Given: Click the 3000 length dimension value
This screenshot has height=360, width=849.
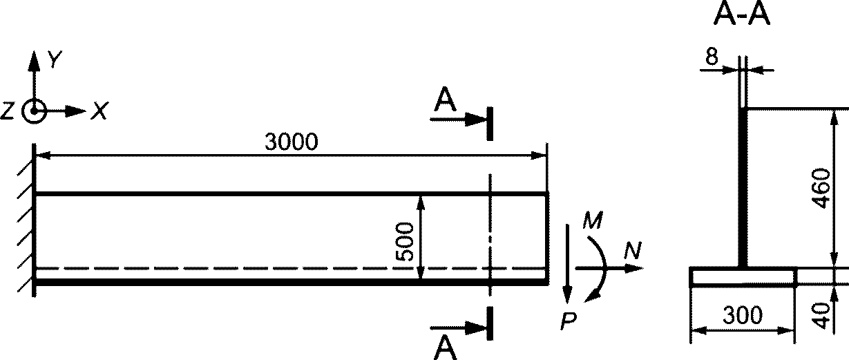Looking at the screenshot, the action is click(x=291, y=142).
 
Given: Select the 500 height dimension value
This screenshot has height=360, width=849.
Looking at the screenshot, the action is click(x=404, y=242).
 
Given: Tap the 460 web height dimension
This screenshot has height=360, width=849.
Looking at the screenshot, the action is click(x=822, y=189).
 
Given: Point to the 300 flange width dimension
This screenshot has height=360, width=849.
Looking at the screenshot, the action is click(x=742, y=315).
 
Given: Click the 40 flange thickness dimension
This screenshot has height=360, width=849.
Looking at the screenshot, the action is click(x=822, y=315).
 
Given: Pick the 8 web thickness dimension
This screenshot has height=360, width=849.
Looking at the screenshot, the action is click(x=712, y=57).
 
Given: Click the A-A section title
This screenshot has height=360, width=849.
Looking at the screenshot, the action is click(x=741, y=15).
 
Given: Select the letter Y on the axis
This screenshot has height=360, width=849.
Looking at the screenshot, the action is click(x=55, y=59).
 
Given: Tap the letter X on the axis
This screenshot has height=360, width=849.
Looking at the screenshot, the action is click(x=100, y=111).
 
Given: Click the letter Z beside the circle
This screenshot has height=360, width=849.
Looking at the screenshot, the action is click(x=8, y=111).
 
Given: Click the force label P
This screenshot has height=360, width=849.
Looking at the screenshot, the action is click(x=568, y=321).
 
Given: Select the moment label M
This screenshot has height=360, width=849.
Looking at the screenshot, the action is click(x=593, y=220).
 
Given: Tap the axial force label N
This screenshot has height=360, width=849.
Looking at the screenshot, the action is click(x=632, y=250).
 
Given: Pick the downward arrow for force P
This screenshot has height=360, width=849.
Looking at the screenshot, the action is click(x=567, y=264).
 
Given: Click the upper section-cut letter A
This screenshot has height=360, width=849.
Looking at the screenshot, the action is click(x=445, y=100).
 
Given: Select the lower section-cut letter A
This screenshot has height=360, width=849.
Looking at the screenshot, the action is click(x=445, y=347).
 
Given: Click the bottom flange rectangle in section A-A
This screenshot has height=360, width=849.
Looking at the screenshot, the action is click(x=743, y=277).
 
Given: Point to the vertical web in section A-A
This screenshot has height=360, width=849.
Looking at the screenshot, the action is click(x=743, y=189).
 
